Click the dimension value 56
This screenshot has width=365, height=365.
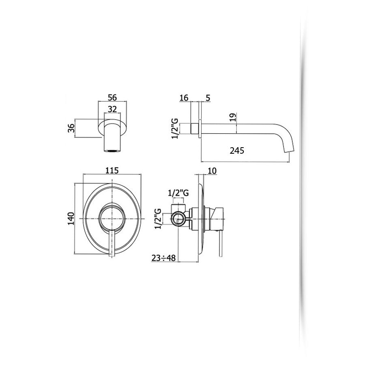pyautogui.click(x=112, y=97)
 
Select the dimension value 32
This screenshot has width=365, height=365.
pyautogui.click(x=112, y=109)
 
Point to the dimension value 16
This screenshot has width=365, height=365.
pyautogui.click(x=184, y=98)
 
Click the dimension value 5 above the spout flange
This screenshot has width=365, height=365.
pyautogui.click(x=207, y=98)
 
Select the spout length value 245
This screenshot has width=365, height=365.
pyautogui.click(x=237, y=151)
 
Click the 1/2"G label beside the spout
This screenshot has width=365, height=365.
pyautogui.click(x=175, y=129)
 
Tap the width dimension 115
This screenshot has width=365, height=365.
pyautogui.click(x=112, y=171)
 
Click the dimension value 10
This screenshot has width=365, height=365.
pyautogui.click(x=211, y=171)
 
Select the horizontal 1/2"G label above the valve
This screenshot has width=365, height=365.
pyautogui.click(x=178, y=193)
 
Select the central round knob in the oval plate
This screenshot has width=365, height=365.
pyautogui.click(x=112, y=219)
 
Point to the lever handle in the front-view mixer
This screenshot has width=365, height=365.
pyautogui.click(x=113, y=243)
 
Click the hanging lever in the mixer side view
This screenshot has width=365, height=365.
pyautogui.click(x=220, y=243)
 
